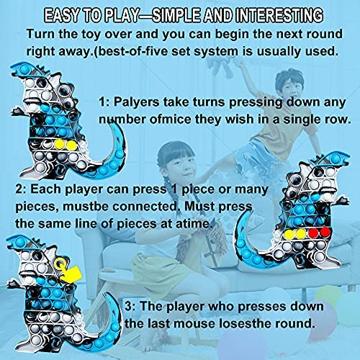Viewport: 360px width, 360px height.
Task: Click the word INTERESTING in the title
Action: [279, 15]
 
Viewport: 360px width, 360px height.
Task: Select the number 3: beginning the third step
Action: [130, 307]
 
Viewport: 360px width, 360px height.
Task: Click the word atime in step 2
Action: [195, 224]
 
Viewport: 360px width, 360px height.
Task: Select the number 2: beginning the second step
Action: [21, 189]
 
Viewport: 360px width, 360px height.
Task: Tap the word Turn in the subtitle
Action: [41, 34]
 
